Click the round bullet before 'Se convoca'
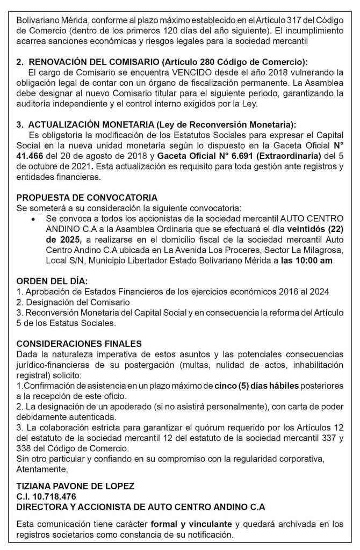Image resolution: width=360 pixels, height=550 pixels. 35,220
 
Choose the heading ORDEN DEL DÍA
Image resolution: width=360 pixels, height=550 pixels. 52,281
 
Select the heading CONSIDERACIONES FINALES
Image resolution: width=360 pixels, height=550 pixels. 80,343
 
